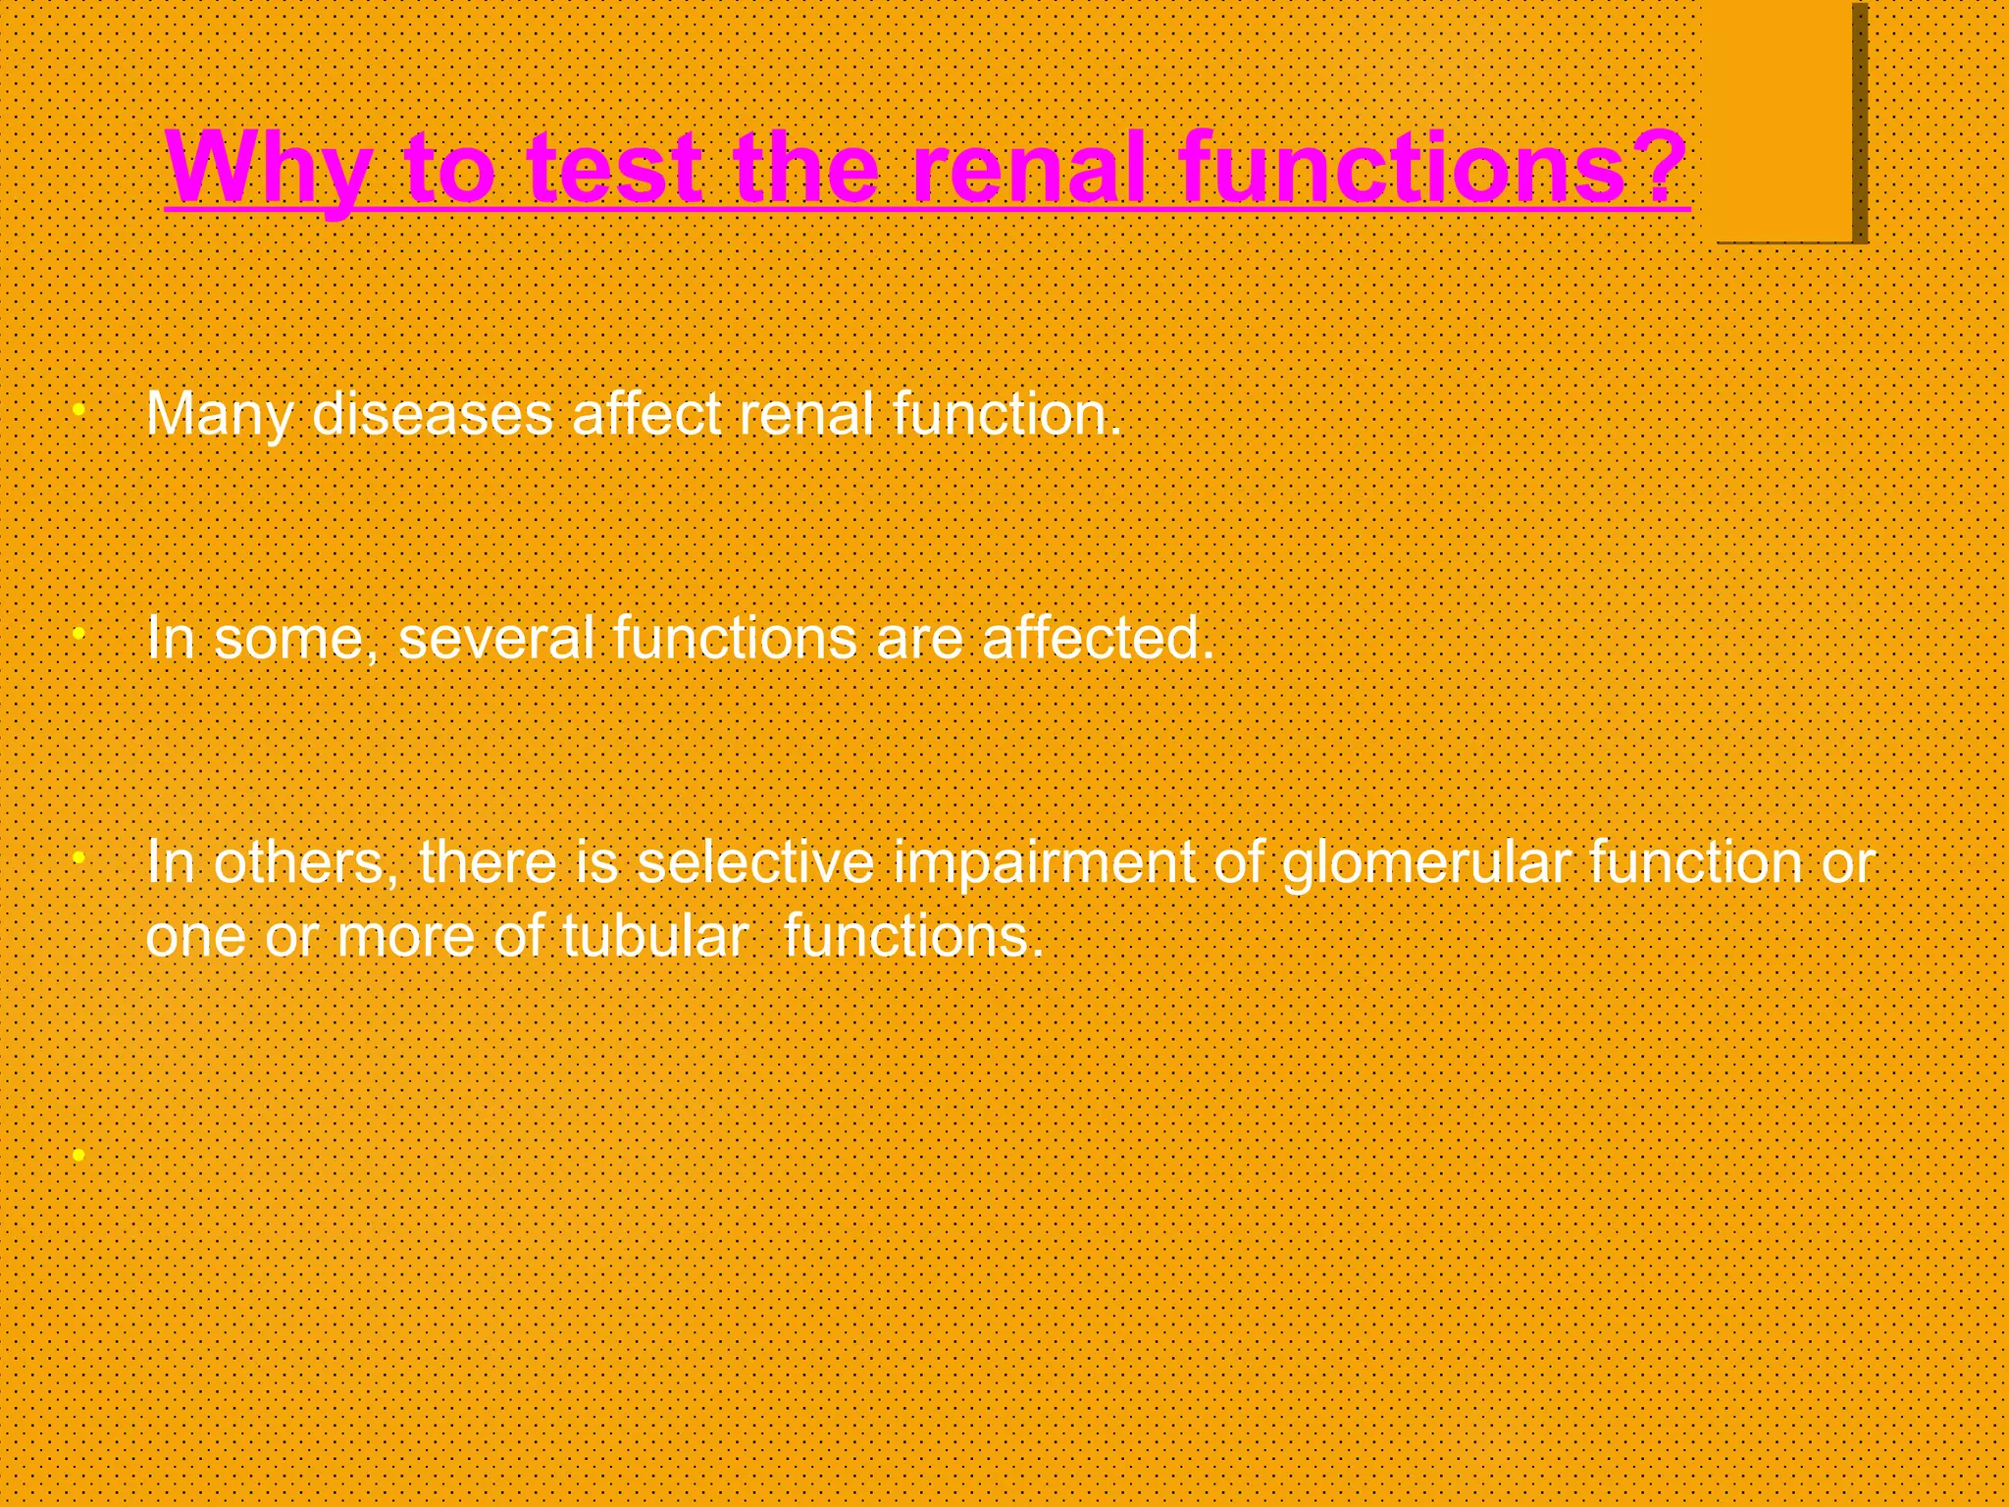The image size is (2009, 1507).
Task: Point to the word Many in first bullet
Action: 219,415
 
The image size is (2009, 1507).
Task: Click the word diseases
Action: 432,415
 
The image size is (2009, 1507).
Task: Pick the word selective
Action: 754,862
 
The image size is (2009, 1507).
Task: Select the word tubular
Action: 655,936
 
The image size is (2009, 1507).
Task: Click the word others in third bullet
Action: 298,862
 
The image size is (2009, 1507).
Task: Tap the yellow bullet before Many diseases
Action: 79,408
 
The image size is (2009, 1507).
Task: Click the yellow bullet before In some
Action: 79,633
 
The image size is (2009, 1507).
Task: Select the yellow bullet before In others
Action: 79,857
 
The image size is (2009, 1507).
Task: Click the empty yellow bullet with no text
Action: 79,1155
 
